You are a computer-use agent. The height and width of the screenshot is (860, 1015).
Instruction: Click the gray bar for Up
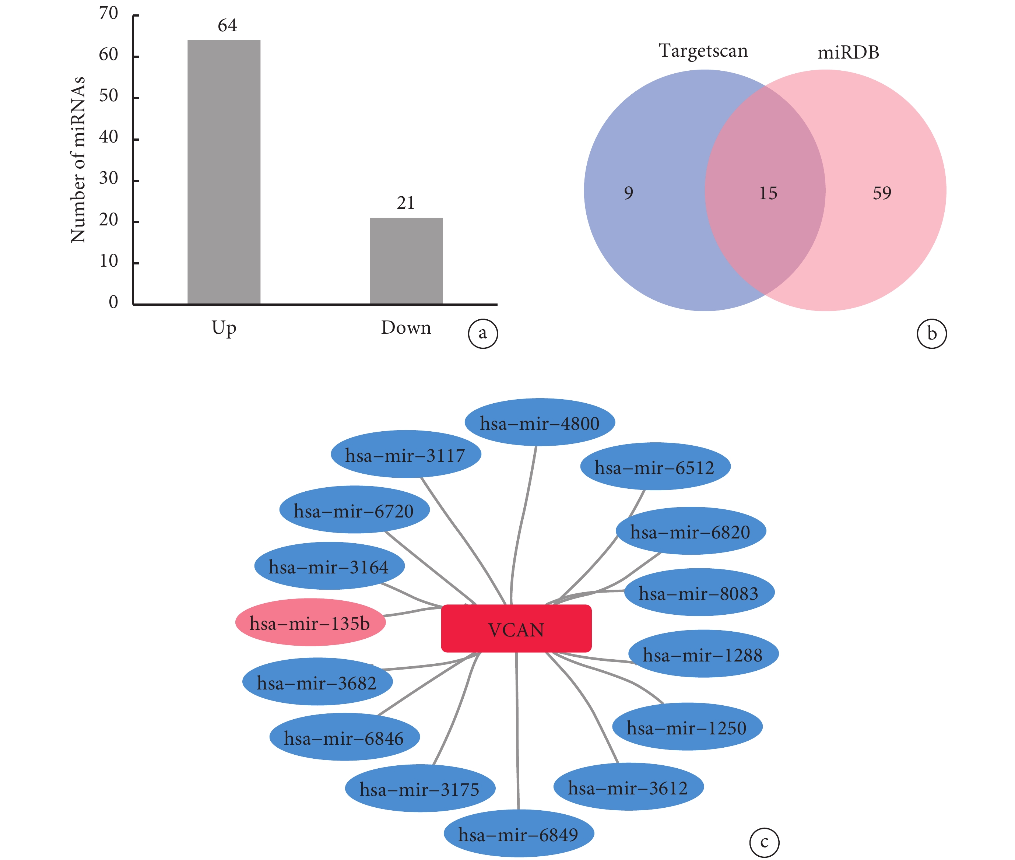click(224, 172)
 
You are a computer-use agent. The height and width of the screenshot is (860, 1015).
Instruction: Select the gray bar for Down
click(406, 261)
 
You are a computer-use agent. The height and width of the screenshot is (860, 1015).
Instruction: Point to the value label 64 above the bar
click(227, 25)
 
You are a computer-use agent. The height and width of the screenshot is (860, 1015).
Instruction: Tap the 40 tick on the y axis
click(109, 137)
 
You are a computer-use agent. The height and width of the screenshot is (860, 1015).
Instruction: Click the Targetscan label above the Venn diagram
click(703, 51)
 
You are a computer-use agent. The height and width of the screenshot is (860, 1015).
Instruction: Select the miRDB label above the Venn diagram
click(848, 52)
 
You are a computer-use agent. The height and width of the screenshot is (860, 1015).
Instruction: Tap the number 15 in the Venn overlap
click(768, 193)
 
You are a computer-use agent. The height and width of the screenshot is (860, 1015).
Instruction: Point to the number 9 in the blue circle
click(628, 193)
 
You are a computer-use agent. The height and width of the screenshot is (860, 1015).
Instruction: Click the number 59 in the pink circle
click(882, 193)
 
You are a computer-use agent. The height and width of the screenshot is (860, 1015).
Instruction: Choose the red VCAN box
click(516, 628)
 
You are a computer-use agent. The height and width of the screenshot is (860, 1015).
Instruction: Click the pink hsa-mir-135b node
click(310, 622)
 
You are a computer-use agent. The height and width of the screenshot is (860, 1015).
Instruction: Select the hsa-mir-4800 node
click(540, 422)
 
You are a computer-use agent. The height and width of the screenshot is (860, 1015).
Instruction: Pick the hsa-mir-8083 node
click(699, 592)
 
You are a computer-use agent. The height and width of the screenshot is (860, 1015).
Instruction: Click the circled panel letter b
click(932, 334)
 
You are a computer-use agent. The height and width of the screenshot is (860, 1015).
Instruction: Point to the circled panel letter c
click(764, 842)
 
